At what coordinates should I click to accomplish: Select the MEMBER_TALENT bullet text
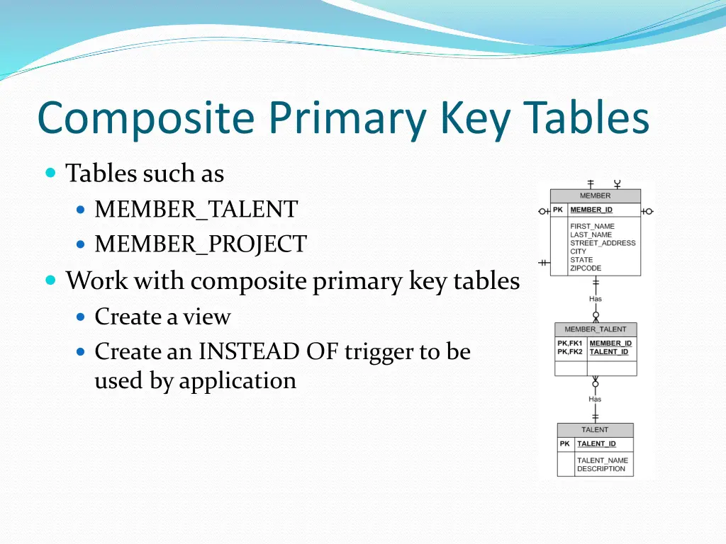(x=196, y=210)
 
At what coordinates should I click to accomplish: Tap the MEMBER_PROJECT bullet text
(x=201, y=244)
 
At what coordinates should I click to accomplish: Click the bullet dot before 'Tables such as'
(x=50, y=173)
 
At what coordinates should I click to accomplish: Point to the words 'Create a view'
(x=162, y=317)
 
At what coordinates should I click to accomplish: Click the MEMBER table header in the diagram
(x=595, y=196)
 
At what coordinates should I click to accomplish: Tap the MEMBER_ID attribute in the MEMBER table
(x=591, y=210)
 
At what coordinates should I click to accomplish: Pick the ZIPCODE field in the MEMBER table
(x=586, y=268)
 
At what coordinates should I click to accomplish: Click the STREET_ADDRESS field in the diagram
(x=603, y=243)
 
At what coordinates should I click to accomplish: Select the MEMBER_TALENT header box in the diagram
(x=596, y=329)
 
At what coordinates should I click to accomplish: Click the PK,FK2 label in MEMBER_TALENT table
(x=569, y=352)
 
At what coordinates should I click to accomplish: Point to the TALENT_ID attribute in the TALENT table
(x=596, y=444)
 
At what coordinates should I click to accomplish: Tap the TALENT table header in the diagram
(x=595, y=430)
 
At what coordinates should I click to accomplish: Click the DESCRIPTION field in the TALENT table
(x=601, y=469)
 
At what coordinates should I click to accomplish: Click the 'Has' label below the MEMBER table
(x=595, y=299)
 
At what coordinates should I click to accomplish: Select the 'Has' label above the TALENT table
(x=595, y=399)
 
